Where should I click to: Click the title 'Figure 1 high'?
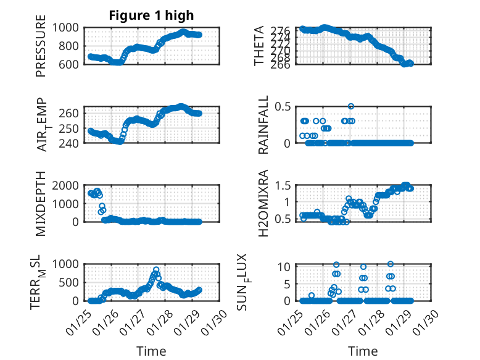click(151, 15)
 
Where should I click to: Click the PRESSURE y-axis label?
click(41, 50)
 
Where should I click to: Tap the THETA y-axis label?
click(260, 46)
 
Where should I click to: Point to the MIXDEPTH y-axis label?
click(41, 203)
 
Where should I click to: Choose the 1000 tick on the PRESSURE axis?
click(66, 27)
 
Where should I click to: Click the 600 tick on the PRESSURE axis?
click(70, 64)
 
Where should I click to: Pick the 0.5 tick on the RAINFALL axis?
click(283, 106)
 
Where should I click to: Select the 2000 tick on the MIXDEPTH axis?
click(66, 185)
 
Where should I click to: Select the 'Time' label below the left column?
click(151, 351)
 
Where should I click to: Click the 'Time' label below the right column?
click(363, 351)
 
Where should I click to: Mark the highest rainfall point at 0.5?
click(351, 106)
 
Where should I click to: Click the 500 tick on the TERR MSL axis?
click(70, 282)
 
